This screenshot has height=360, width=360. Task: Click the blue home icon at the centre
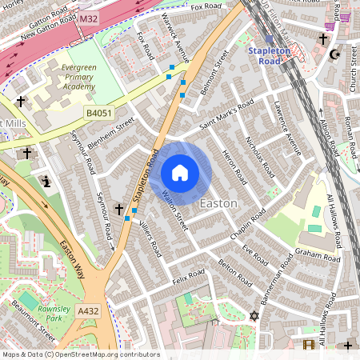(180, 173)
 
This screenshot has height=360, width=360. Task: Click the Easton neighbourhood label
(218, 203)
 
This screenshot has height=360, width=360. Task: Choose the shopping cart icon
(345, 16)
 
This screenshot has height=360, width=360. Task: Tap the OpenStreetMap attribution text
(80, 354)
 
